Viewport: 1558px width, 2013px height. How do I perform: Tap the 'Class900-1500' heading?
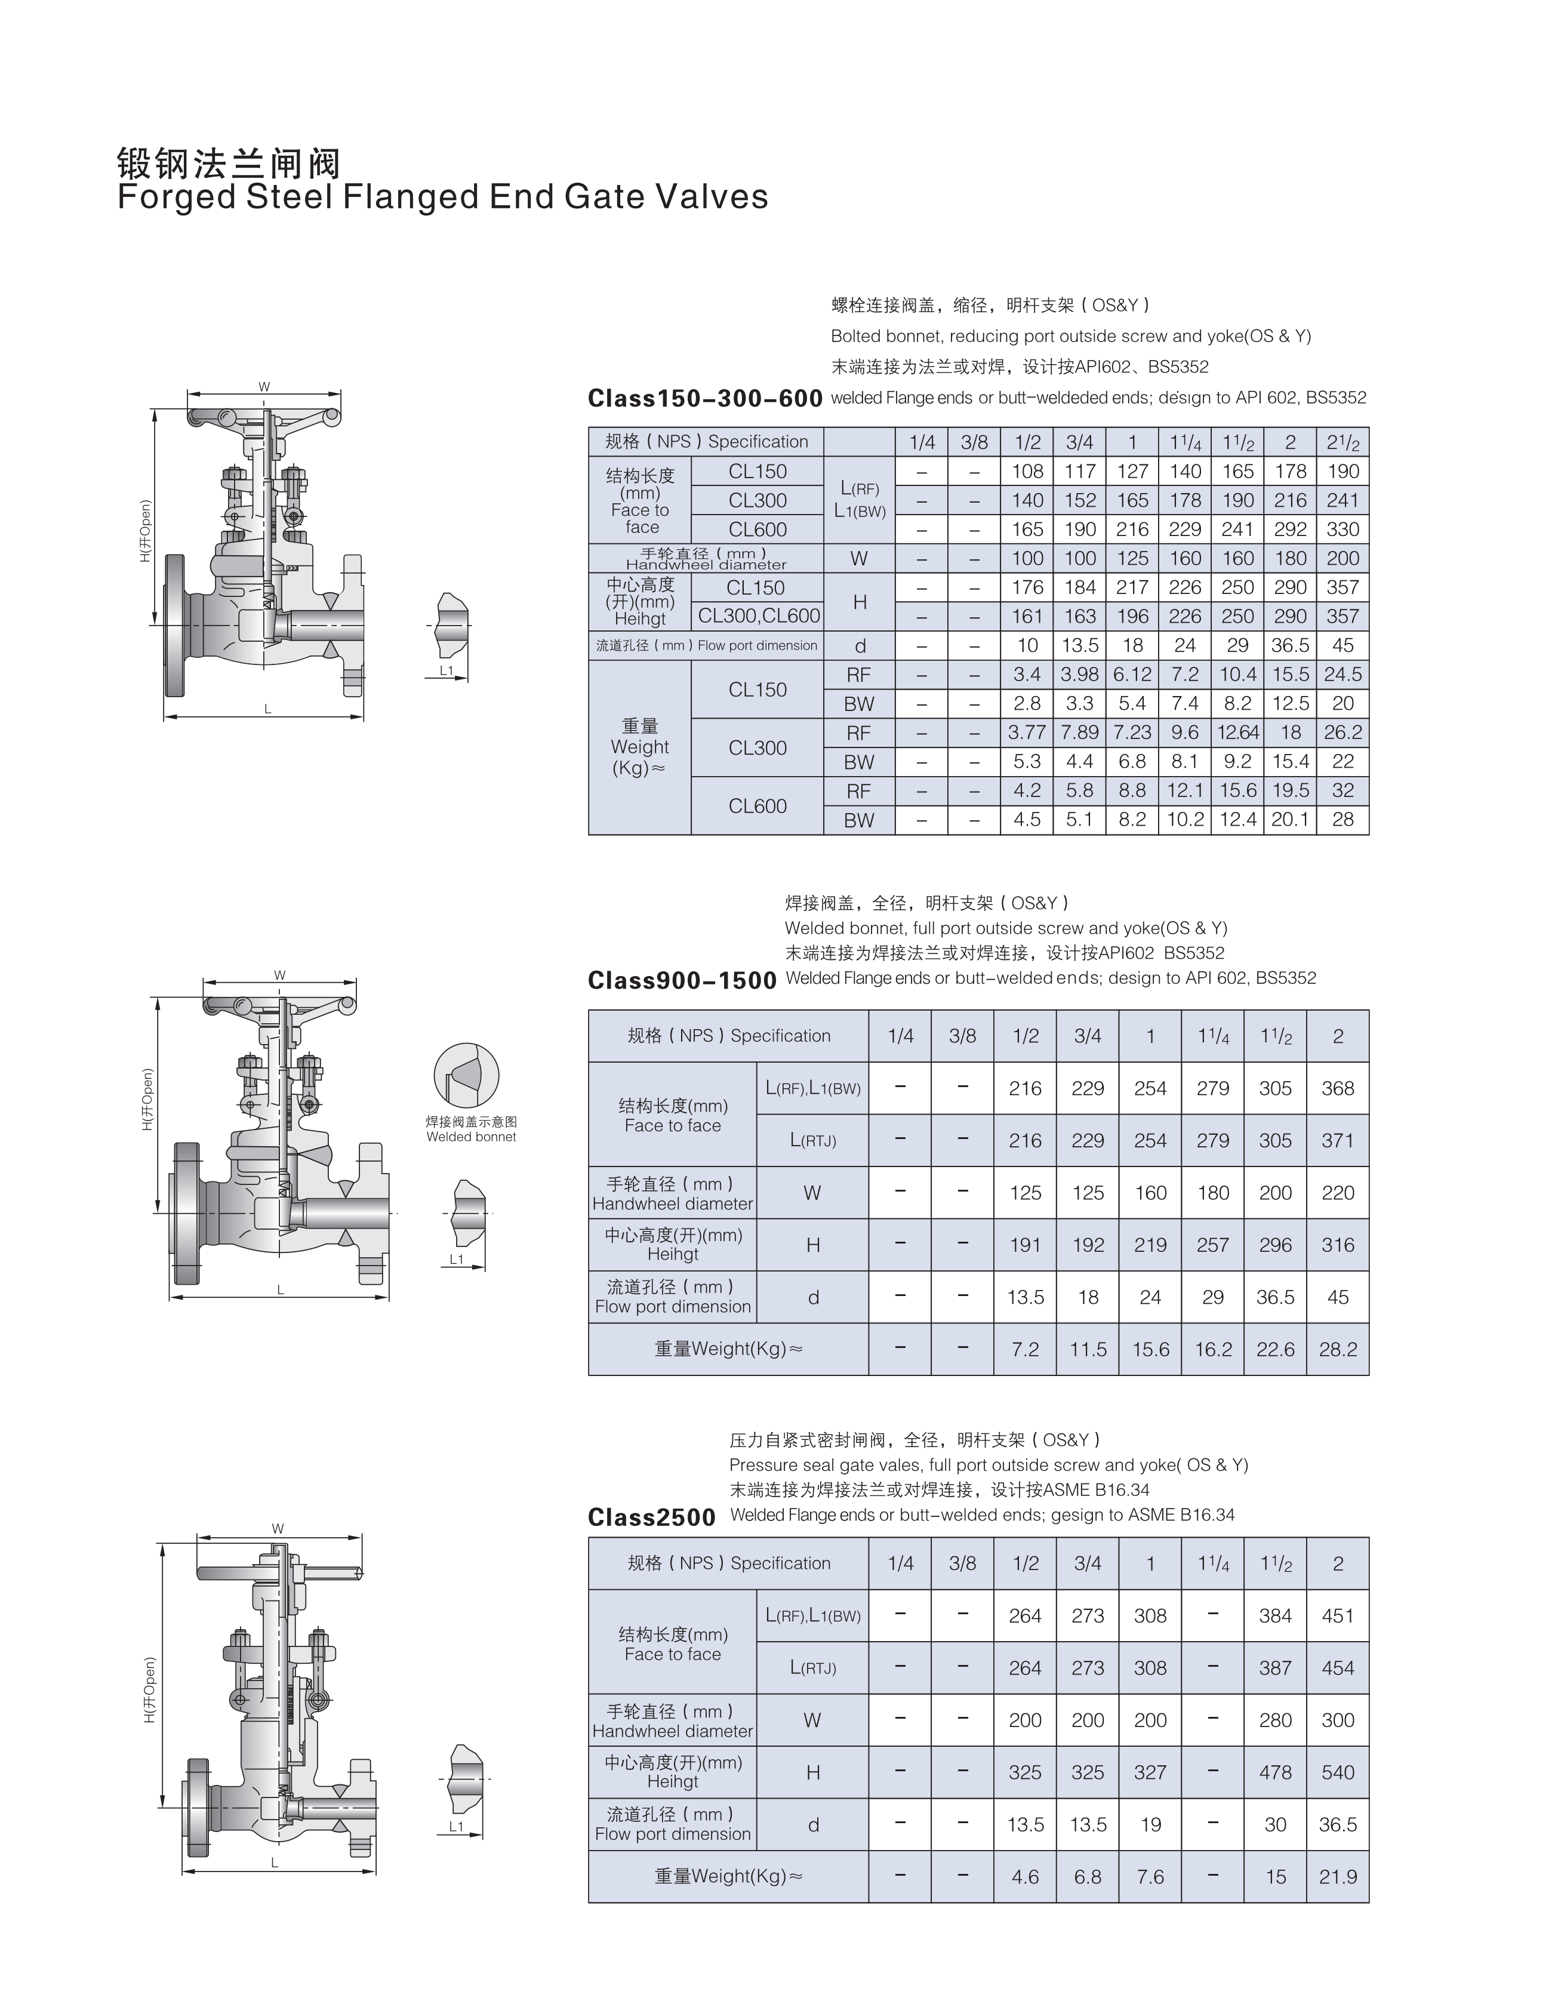pyautogui.click(x=682, y=981)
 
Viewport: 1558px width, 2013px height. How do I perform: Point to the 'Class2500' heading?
pyautogui.click(x=652, y=1517)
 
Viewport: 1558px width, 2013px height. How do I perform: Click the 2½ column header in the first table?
pyautogui.click(x=1343, y=442)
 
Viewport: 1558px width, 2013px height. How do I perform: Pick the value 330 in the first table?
pyautogui.click(x=1343, y=529)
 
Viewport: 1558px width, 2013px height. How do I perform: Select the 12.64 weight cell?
pyautogui.click(x=1238, y=732)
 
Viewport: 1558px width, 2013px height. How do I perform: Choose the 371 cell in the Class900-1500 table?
pyautogui.click(x=1338, y=1141)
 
